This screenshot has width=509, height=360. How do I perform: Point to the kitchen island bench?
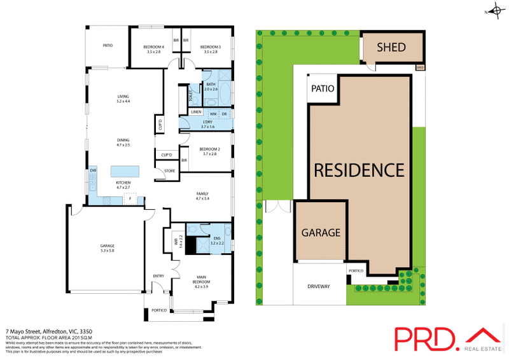pos(125,171)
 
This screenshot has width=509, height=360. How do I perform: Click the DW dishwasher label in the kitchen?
pos(93,170)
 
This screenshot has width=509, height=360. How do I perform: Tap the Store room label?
pos(169,171)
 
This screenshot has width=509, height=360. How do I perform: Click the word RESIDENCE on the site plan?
pos(358,170)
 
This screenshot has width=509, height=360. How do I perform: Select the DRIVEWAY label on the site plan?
pos(319,286)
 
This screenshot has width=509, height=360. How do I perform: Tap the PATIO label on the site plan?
pos(323,89)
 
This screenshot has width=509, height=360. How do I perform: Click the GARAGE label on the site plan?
pos(321,233)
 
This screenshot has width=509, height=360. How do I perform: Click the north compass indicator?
pos(494,11)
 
